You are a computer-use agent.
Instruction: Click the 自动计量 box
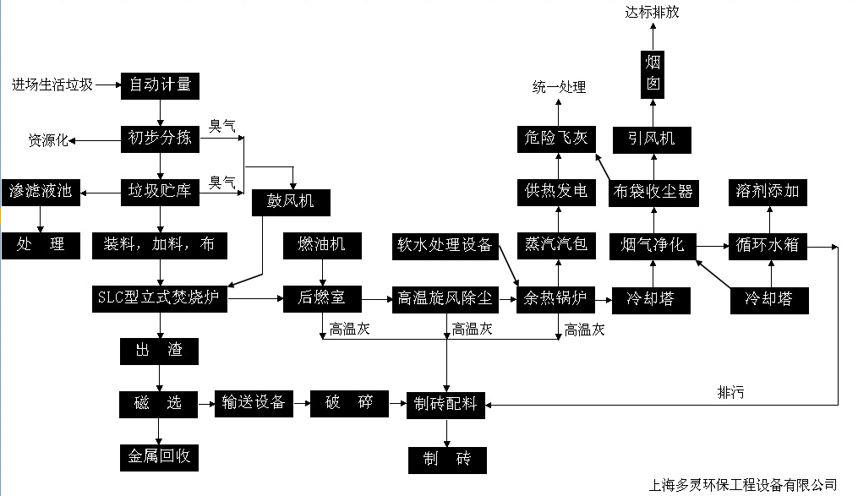click(x=160, y=84)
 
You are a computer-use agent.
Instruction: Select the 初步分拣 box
click(x=160, y=139)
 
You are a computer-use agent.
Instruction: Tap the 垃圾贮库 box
click(x=160, y=192)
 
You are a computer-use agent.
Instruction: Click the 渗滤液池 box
click(x=41, y=192)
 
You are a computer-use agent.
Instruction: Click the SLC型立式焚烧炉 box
click(x=160, y=298)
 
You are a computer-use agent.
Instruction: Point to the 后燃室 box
click(x=322, y=298)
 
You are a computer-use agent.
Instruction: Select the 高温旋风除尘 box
click(x=445, y=298)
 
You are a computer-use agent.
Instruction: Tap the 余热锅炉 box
click(x=556, y=298)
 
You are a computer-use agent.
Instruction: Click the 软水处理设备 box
click(x=445, y=245)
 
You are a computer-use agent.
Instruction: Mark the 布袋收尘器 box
click(x=653, y=192)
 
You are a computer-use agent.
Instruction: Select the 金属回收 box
click(x=160, y=457)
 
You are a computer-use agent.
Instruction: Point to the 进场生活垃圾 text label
click(x=52, y=84)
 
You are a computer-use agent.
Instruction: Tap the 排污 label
click(x=731, y=392)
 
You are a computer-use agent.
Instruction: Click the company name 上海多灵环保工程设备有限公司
click(x=742, y=485)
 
